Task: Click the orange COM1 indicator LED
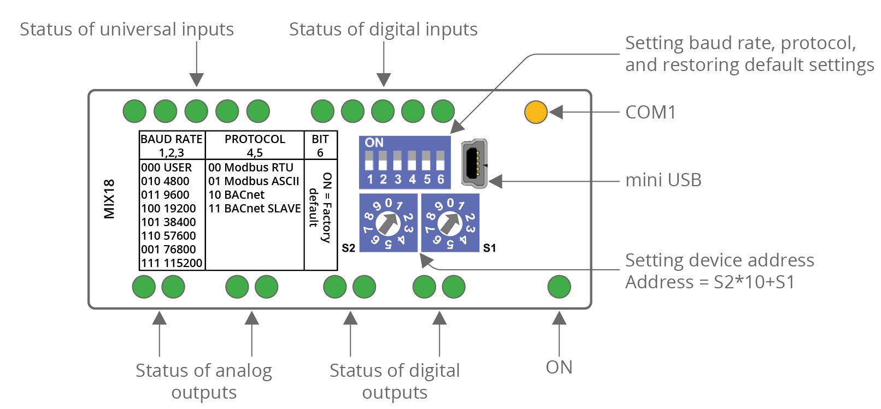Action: [x=536, y=112]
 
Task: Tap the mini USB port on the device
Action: [x=474, y=162]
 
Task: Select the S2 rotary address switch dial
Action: [x=388, y=223]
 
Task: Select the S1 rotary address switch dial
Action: [x=450, y=223]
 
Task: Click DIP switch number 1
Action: [x=369, y=161]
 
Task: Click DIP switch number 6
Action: [x=440, y=161]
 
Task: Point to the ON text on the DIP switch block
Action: [x=374, y=143]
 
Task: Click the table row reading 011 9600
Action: [x=166, y=195]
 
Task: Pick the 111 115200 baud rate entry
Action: [x=172, y=263]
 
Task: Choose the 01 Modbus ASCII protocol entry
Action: [x=254, y=181]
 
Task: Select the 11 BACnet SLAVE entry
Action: [x=255, y=209]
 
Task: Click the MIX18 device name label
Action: [x=109, y=199]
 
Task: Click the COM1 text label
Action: [x=650, y=112]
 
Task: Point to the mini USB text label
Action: [x=663, y=180]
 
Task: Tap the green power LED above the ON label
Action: [x=559, y=287]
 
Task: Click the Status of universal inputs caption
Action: [x=127, y=29]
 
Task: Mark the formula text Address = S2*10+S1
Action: [x=710, y=282]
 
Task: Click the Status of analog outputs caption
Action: [x=204, y=381]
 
